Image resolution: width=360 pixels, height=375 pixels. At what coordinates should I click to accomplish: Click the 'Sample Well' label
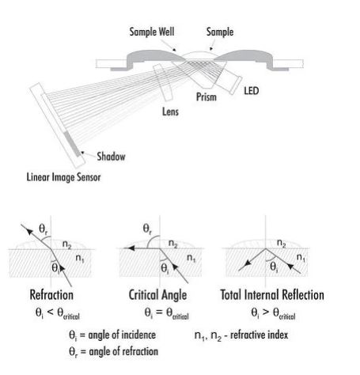tap(152, 32)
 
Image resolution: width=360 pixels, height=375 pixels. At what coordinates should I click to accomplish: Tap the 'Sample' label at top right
tap(220, 32)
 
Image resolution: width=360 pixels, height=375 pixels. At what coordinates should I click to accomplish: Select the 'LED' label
tap(251, 91)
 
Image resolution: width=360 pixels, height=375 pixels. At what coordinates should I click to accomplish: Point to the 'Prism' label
tap(207, 97)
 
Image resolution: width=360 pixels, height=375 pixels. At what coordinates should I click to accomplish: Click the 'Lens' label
tap(170, 112)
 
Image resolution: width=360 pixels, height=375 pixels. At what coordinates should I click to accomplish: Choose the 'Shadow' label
tap(111, 157)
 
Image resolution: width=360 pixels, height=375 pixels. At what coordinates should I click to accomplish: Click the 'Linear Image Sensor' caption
tap(63, 177)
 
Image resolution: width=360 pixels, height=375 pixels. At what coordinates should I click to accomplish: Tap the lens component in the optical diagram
tap(163, 82)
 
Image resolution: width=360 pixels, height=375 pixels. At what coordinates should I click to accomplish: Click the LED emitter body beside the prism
tap(230, 81)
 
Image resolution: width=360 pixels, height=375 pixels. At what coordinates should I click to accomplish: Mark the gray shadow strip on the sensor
tap(72, 143)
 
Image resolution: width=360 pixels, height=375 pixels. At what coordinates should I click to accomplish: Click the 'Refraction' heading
tap(51, 295)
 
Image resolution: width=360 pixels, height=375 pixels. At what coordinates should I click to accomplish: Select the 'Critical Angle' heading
tap(157, 295)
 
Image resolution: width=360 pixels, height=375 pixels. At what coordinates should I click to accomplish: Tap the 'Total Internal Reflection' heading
tap(272, 295)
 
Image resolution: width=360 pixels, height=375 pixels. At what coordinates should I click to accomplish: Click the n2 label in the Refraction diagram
tap(66, 244)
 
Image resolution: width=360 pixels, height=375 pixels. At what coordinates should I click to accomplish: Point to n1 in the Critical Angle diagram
tap(191, 257)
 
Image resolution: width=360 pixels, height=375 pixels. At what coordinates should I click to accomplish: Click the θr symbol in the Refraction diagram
tap(44, 229)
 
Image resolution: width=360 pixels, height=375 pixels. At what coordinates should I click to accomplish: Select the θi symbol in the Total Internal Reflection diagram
tap(274, 267)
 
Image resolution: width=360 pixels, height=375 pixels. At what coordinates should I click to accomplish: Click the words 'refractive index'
tap(259, 335)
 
